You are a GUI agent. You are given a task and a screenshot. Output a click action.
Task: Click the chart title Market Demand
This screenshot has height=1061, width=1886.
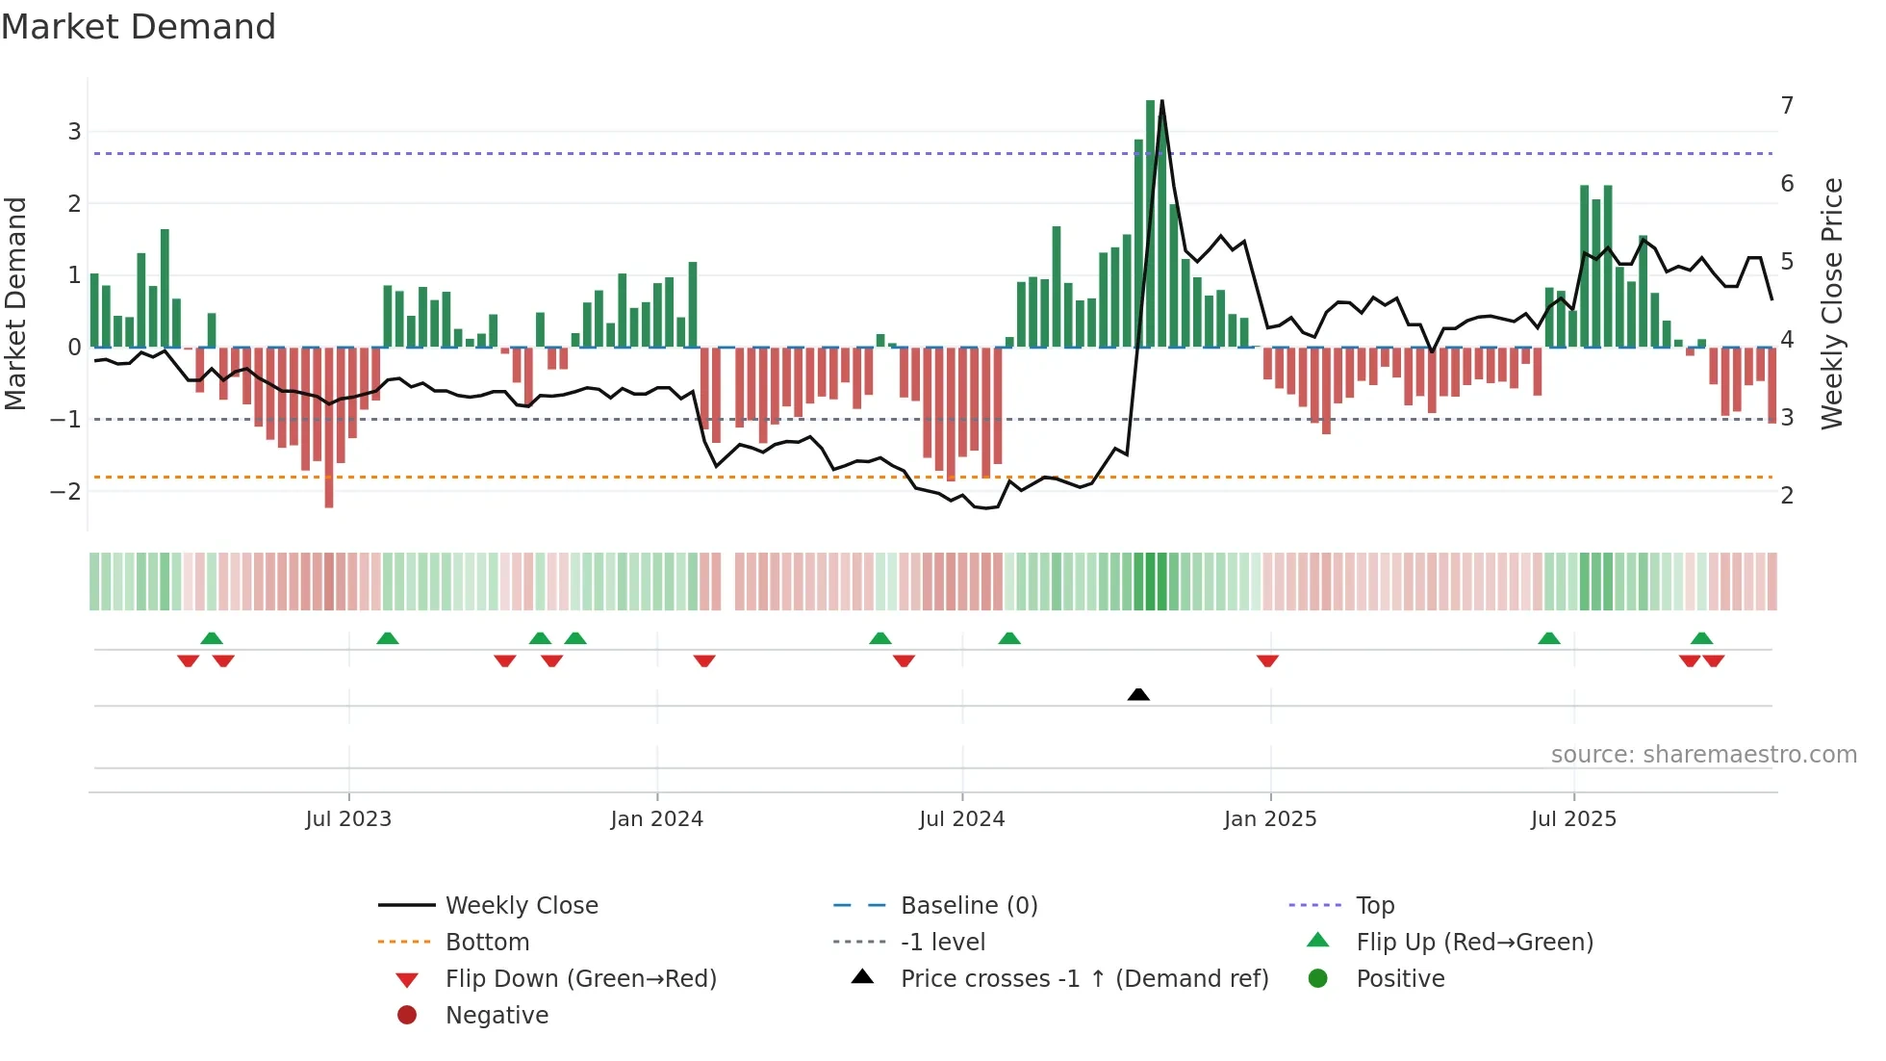(139, 27)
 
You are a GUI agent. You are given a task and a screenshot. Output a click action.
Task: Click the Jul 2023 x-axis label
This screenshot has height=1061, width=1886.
(348, 819)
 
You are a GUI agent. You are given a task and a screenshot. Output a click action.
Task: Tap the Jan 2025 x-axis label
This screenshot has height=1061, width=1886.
(1270, 819)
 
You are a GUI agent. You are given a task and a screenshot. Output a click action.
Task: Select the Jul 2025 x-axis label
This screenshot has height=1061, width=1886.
(1574, 819)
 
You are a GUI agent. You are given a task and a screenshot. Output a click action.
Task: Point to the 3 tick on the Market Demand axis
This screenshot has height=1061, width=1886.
(74, 132)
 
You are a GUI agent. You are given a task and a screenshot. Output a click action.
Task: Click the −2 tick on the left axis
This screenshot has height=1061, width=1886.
(65, 492)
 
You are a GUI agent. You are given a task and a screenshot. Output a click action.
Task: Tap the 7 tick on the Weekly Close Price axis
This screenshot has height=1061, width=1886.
(1787, 105)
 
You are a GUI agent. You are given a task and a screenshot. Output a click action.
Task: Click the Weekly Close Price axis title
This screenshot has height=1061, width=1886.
(1832, 303)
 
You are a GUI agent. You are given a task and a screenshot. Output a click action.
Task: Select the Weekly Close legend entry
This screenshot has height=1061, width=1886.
(521, 906)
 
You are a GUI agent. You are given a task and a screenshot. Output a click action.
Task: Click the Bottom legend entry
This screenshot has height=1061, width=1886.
(487, 943)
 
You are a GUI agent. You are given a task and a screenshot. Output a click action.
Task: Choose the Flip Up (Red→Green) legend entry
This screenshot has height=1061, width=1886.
(1474, 943)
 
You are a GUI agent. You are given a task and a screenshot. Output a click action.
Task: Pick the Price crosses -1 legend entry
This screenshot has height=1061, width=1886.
(1083, 979)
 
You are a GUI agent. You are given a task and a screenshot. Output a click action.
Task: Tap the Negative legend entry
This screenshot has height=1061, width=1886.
(497, 1016)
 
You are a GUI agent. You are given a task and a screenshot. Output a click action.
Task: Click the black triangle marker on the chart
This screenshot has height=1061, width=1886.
(1138, 694)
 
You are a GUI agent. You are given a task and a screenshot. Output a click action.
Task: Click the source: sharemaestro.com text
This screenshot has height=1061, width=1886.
(1703, 755)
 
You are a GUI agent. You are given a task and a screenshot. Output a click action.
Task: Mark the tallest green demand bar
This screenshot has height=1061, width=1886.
(1151, 221)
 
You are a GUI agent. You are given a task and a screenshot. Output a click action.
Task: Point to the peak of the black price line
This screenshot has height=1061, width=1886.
(1162, 102)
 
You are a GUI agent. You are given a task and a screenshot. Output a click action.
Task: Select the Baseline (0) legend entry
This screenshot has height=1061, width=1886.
(968, 906)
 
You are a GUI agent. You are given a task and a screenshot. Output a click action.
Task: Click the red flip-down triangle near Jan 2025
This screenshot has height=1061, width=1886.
(1267, 660)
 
